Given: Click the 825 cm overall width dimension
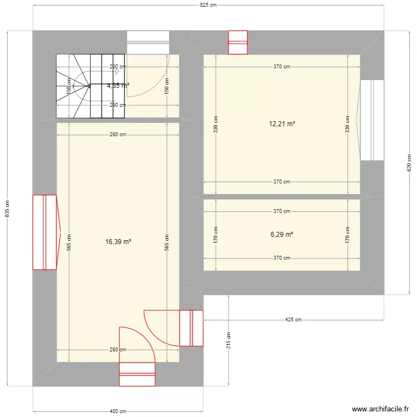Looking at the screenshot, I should pyautogui.click(x=208, y=5).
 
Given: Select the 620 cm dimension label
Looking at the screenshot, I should pyautogui.click(x=410, y=162).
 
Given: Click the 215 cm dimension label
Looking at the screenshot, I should pyautogui.click(x=229, y=340).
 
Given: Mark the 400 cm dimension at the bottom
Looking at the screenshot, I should pyautogui.click(x=117, y=411).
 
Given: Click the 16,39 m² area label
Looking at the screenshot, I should pyautogui.click(x=118, y=242).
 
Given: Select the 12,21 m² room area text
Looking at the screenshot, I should pyautogui.click(x=282, y=124).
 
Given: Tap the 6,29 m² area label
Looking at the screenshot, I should pyautogui.click(x=282, y=235).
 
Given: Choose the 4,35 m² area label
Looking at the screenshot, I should pyautogui.click(x=118, y=86).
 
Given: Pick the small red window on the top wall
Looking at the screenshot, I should pyautogui.click(x=238, y=42).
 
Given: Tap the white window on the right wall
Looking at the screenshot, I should pyautogui.click(x=371, y=120).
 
